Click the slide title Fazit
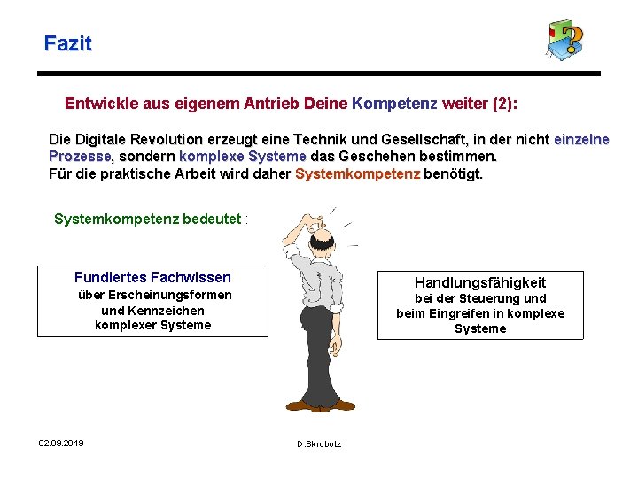[67, 42]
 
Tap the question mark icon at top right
[564, 40]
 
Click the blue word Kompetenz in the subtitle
[394, 104]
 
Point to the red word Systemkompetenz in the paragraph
[357, 173]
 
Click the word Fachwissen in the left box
[191, 278]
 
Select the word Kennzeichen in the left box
[168, 311]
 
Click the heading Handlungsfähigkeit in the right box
[480, 282]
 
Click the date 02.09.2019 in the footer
[61, 443]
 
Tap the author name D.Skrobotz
[319, 443]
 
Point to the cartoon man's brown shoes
[319, 405]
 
